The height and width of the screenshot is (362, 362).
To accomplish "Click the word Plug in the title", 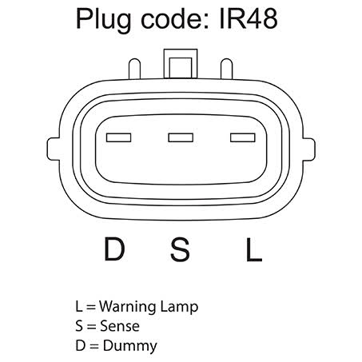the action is click(x=103, y=20).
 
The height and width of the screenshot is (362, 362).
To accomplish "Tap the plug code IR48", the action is click(x=249, y=18).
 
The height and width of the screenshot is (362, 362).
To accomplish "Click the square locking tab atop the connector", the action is click(x=181, y=64).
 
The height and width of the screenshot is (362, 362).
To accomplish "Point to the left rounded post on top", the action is click(x=134, y=69).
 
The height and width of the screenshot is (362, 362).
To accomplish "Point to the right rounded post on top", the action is click(x=226, y=69).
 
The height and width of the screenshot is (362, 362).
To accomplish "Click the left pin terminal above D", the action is click(x=118, y=137).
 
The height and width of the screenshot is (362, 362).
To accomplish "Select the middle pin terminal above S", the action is click(x=181, y=137).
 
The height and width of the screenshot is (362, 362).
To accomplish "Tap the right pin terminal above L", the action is click(x=243, y=137).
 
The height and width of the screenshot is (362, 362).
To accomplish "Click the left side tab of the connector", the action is click(x=53, y=149).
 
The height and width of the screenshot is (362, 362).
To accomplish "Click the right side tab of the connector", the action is click(x=309, y=149).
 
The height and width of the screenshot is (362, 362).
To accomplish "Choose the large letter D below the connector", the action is click(x=114, y=249).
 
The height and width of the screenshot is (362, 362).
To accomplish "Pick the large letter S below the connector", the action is click(x=181, y=249).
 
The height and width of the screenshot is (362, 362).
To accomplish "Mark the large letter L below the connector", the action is click(x=254, y=249).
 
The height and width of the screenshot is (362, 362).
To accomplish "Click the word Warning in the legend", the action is click(x=128, y=307).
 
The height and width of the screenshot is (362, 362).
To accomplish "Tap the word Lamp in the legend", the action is click(x=179, y=308).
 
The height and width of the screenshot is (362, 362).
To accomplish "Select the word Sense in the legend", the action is click(x=120, y=326).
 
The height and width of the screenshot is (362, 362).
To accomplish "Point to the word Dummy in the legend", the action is click(x=130, y=347).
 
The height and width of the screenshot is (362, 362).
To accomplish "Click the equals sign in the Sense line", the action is click(x=91, y=326).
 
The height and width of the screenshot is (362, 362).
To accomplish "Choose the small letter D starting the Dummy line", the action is click(x=80, y=345).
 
